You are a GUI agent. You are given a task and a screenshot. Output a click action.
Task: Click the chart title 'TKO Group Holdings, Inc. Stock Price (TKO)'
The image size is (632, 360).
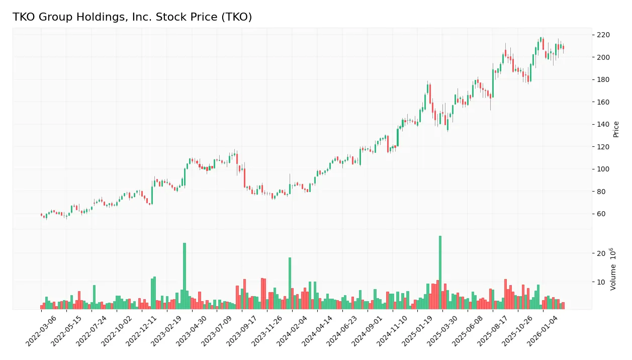pyautogui.click(x=132, y=17)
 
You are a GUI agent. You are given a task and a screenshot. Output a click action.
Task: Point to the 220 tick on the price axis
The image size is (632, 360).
pyautogui.click(x=603, y=35)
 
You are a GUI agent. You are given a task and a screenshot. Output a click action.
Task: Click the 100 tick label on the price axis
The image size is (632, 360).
pyautogui.click(x=603, y=169)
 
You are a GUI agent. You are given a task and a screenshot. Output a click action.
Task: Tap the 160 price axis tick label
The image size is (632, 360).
pyautogui.click(x=603, y=102)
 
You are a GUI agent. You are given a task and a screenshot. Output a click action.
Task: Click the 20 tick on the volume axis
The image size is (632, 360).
pyautogui.click(x=601, y=253)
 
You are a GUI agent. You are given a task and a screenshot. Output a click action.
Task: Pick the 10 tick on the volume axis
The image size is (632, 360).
pyautogui.click(x=601, y=282)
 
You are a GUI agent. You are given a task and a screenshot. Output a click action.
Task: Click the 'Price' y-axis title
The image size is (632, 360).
pyautogui.click(x=616, y=129)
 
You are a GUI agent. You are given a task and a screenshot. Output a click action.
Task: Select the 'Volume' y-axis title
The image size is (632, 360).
pyautogui.click(x=613, y=269)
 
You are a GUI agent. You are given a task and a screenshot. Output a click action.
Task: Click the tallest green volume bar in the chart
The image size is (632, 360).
pyautogui.click(x=440, y=272)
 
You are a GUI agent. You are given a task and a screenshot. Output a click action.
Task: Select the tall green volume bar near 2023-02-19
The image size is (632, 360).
pyautogui.click(x=185, y=276)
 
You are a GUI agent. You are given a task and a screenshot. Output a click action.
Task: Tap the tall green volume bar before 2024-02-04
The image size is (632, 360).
pyautogui.click(x=290, y=283)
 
